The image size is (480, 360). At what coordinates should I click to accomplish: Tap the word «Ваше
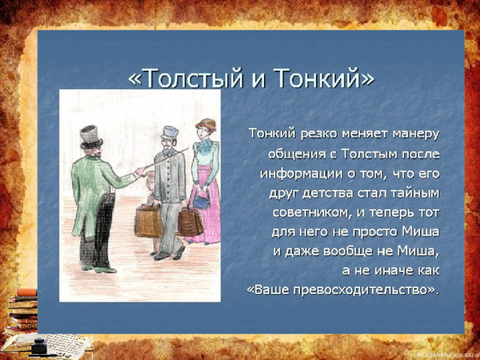click(268, 290)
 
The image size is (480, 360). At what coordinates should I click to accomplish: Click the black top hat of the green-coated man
click(91, 137)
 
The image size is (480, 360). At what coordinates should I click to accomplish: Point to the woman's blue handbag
click(201, 199)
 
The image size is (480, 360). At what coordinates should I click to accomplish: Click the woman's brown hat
click(205, 124)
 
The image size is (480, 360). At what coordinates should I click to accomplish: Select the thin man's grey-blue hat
click(170, 133)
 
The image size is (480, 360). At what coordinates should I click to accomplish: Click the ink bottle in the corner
click(40, 345)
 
